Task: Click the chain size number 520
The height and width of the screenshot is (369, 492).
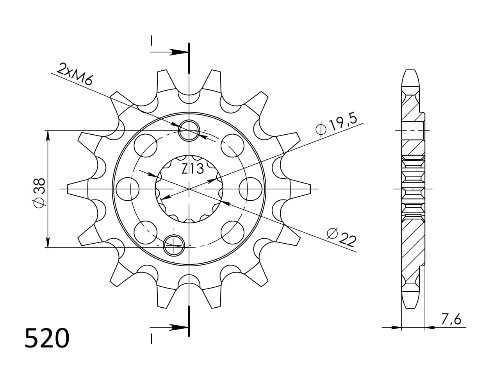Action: coord(47,339)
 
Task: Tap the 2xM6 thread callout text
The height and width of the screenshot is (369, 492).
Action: coord(75,74)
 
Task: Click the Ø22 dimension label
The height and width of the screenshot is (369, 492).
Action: coord(342,237)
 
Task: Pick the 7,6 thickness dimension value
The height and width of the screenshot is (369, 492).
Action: coord(451,319)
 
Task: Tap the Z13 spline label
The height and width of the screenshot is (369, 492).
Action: coord(193,169)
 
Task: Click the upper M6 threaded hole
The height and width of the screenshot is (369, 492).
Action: coord(189,130)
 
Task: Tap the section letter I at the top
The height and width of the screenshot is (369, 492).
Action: coord(151,41)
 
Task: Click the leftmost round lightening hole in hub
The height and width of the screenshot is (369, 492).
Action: coord(128,189)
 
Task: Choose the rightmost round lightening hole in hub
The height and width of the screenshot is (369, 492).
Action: coord(250,189)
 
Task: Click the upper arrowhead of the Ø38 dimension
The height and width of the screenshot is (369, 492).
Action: coord(48,135)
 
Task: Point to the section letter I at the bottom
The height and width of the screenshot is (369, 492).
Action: coord(151,339)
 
